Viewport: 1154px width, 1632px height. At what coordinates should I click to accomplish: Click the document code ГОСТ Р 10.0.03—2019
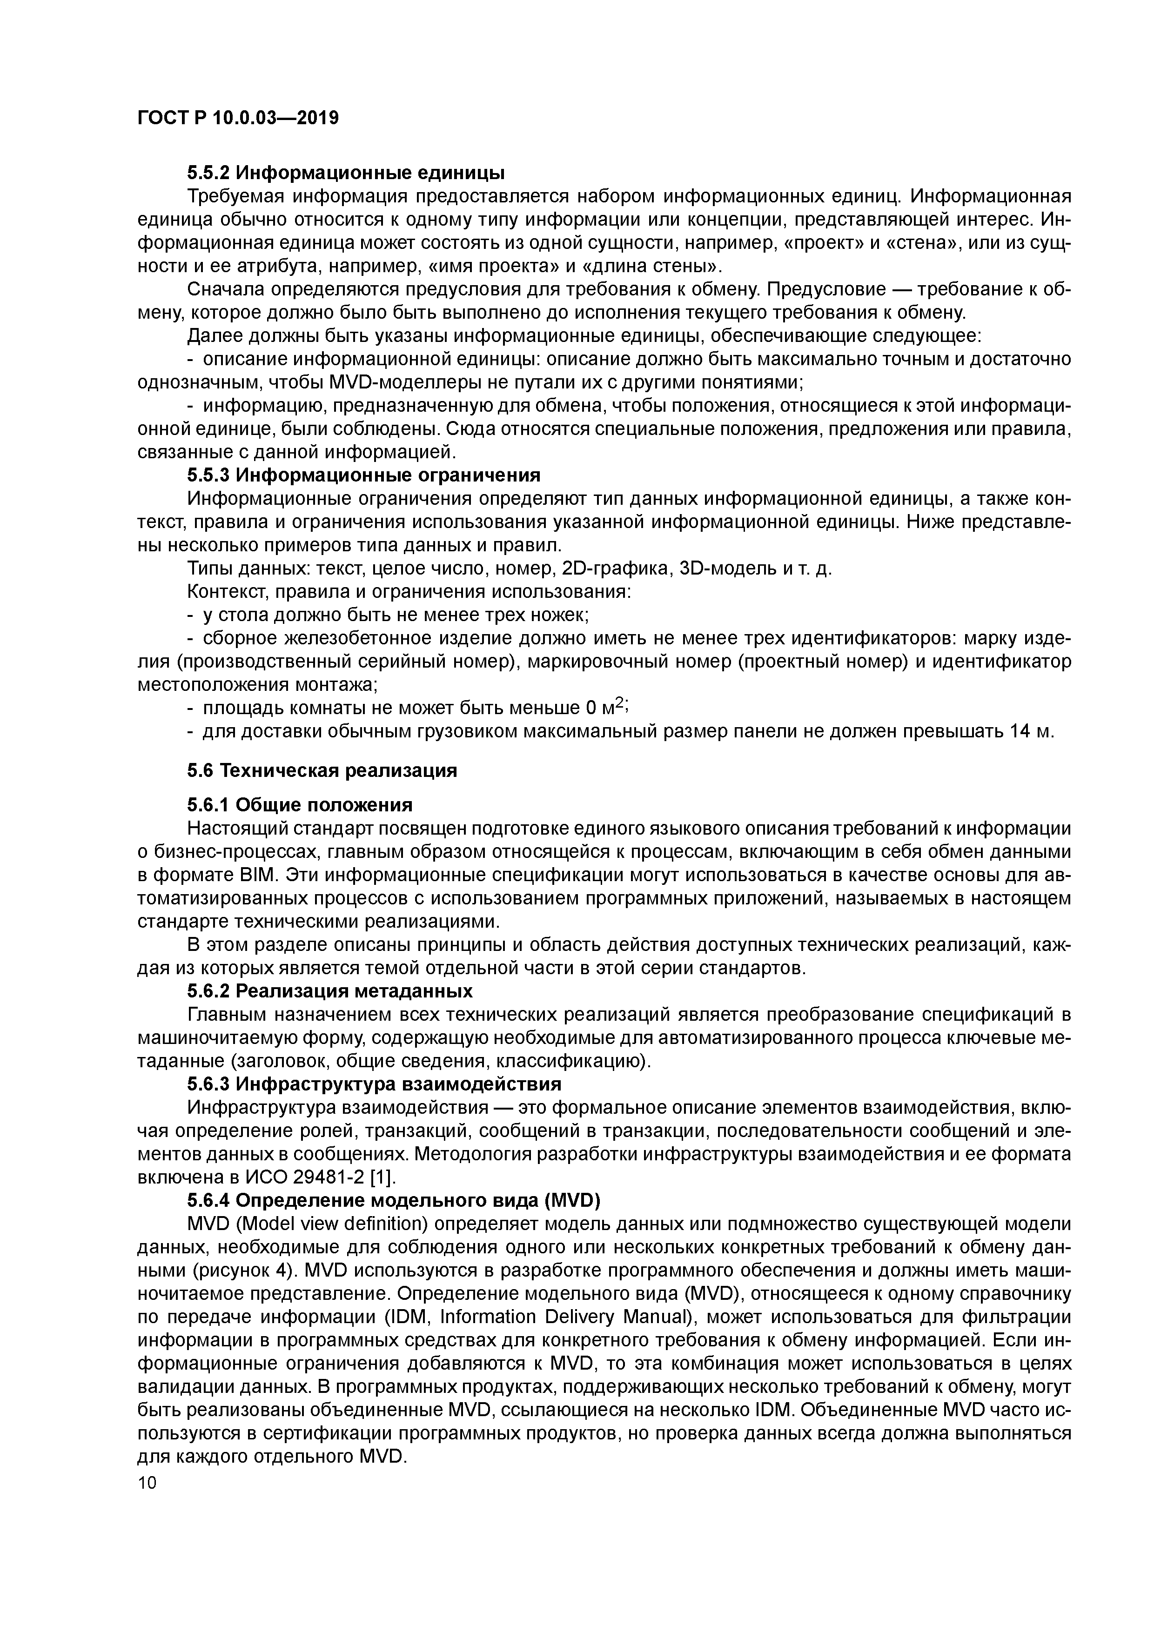(237, 117)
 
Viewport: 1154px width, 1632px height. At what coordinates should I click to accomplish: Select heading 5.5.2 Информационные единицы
(346, 173)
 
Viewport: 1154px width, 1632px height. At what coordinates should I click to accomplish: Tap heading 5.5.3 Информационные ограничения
(363, 475)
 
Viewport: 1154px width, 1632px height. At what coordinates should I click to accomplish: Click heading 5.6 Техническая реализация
(322, 770)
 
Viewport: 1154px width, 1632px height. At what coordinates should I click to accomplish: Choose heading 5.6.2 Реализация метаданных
(329, 991)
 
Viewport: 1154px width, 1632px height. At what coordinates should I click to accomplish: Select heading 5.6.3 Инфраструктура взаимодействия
(374, 1084)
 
